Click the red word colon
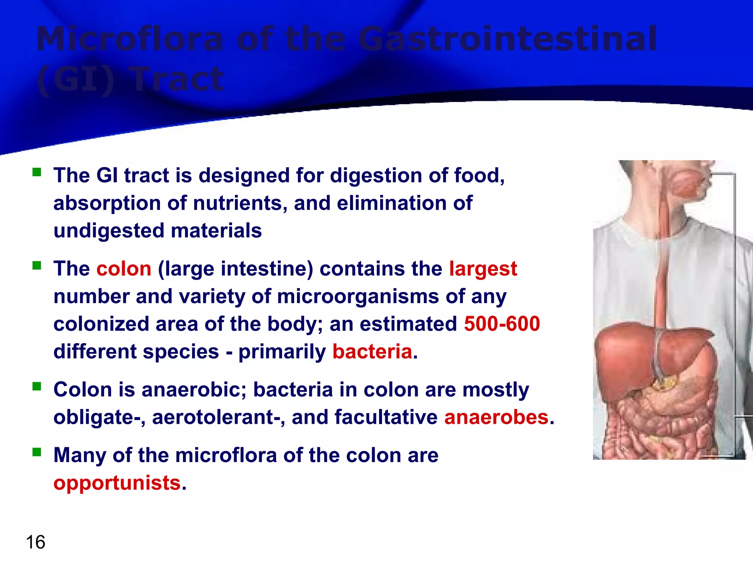pyautogui.click(x=124, y=269)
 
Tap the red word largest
pyautogui.click(x=483, y=269)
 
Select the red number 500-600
pyautogui.click(x=502, y=324)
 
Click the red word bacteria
pyautogui.click(x=372, y=351)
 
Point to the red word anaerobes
pyautogui.click(x=496, y=417)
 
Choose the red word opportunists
pyautogui.click(x=117, y=483)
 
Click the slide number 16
pyautogui.click(x=36, y=542)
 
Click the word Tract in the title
pyautogui.click(x=178, y=79)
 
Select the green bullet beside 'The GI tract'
pyautogui.click(x=37, y=172)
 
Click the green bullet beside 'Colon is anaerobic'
pyautogui.click(x=37, y=387)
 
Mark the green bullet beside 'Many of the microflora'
pyautogui.click(x=37, y=452)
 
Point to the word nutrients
pyautogui.click(x=239, y=203)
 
